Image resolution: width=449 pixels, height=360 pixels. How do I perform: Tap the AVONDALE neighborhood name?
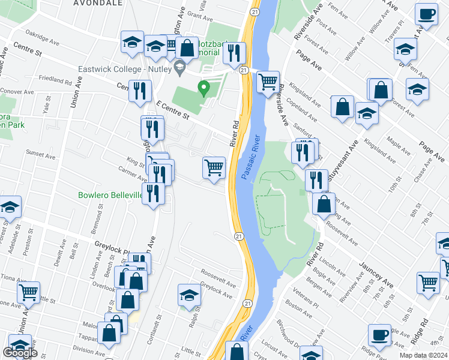click(x=98, y=3)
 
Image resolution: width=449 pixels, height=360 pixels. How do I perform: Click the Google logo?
click(x=20, y=353)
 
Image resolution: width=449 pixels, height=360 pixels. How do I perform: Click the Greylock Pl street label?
click(x=113, y=245)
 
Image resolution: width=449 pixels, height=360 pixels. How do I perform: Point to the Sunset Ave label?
click(x=40, y=154)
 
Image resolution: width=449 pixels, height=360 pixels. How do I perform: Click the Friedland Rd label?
click(x=55, y=79)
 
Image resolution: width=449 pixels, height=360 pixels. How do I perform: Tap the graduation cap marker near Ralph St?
click(x=189, y=294)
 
